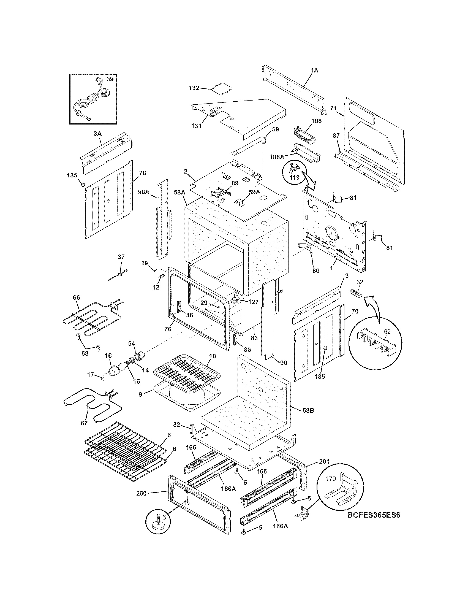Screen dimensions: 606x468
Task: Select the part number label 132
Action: click(194, 88)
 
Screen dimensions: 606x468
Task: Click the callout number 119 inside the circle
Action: click(295, 177)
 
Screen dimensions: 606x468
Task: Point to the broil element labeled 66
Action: click(83, 322)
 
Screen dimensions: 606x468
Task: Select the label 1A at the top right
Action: click(314, 71)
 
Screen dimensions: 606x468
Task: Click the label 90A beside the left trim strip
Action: click(144, 192)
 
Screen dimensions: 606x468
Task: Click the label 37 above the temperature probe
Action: click(121, 257)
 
